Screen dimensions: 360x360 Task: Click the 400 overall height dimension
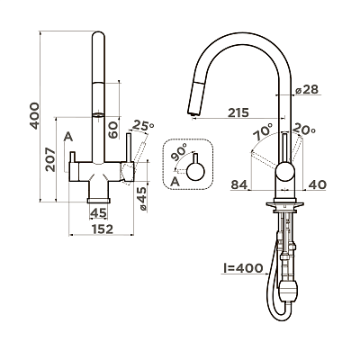click(x=35, y=116)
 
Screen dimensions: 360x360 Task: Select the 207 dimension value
click(x=50, y=159)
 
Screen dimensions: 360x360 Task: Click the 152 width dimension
click(x=103, y=229)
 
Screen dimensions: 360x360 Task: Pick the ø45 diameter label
click(x=143, y=199)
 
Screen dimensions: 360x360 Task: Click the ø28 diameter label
click(x=306, y=89)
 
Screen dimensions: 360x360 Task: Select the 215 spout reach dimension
click(x=238, y=112)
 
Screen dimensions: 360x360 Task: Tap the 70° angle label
click(x=263, y=131)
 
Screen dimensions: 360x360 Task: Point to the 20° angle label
click(x=304, y=129)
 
